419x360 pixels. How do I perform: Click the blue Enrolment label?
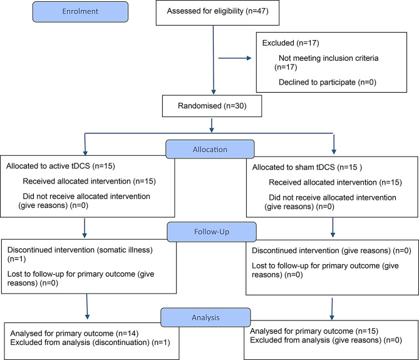[x=80, y=11]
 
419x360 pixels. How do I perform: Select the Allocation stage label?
[x=210, y=149]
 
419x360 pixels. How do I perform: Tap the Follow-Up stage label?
[x=212, y=232]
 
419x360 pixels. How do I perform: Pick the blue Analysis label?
[x=206, y=317]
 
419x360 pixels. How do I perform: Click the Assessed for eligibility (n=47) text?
[x=217, y=11]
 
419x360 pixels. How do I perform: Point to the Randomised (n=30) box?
[x=212, y=106]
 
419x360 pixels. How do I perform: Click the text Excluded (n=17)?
[x=291, y=43]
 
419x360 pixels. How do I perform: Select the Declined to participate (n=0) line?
[x=328, y=82]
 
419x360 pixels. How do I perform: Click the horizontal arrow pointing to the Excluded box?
[x=235, y=58]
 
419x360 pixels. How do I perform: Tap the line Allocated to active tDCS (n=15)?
[x=61, y=166]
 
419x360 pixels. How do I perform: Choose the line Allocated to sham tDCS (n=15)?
[x=307, y=167]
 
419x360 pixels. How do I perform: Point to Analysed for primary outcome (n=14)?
[x=75, y=334]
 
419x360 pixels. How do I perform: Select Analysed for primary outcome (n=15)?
[x=314, y=331]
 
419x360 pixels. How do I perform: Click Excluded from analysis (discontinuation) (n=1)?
[x=90, y=342]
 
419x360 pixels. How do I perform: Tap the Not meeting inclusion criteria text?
[x=328, y=58]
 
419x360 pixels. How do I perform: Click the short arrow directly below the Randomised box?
[x=212, y=125]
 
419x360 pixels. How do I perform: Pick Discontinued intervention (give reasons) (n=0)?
[x=331, y=251]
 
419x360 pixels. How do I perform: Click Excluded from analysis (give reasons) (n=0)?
[x=326, y=340]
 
